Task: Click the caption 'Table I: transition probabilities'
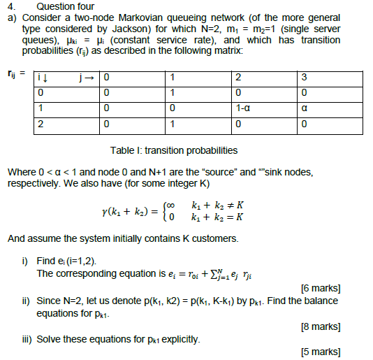point(173,150)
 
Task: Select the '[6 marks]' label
point(320,288)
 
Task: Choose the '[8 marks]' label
point(320,326)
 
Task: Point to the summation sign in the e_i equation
point(193,273)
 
